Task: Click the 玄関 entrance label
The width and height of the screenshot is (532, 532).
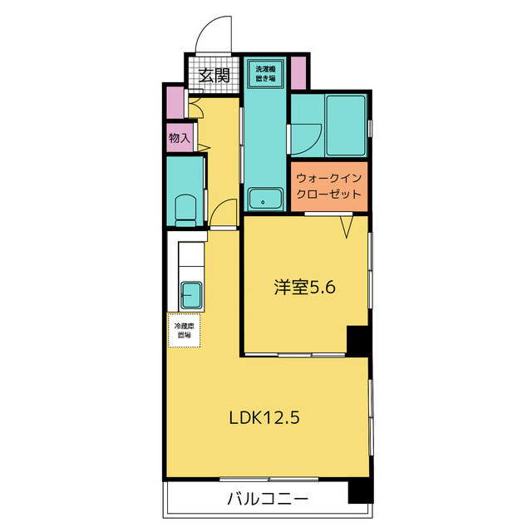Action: click(214, 76)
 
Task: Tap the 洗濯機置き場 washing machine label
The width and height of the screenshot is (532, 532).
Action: click(265, 72)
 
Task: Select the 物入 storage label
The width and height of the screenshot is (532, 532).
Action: click(178, 138)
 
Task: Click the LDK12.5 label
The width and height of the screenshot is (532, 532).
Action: click(264, 418)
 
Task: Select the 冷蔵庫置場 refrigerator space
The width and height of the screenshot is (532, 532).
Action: click(183, 330)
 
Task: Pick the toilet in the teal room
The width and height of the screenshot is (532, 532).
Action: click(186, 209)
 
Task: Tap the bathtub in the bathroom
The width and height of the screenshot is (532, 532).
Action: click(346, 125)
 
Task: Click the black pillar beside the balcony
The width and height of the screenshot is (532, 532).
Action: click(358, 490)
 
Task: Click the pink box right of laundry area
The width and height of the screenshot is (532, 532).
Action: click(298, 73)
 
